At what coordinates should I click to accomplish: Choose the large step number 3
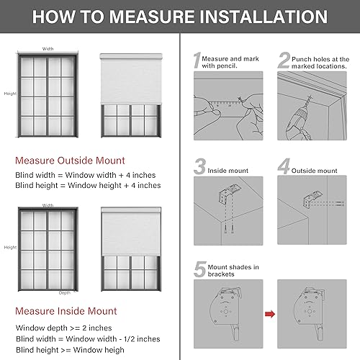coord(200,168)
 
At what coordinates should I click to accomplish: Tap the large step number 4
coord(285,168)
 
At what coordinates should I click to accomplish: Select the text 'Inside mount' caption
coord(228,171)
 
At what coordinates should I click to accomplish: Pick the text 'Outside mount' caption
coord(316,171)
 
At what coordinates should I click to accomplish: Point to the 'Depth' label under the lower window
coord(65,293)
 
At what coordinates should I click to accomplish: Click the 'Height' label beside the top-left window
coord(9,94)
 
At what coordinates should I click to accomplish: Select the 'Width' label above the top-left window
coord(48,49)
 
